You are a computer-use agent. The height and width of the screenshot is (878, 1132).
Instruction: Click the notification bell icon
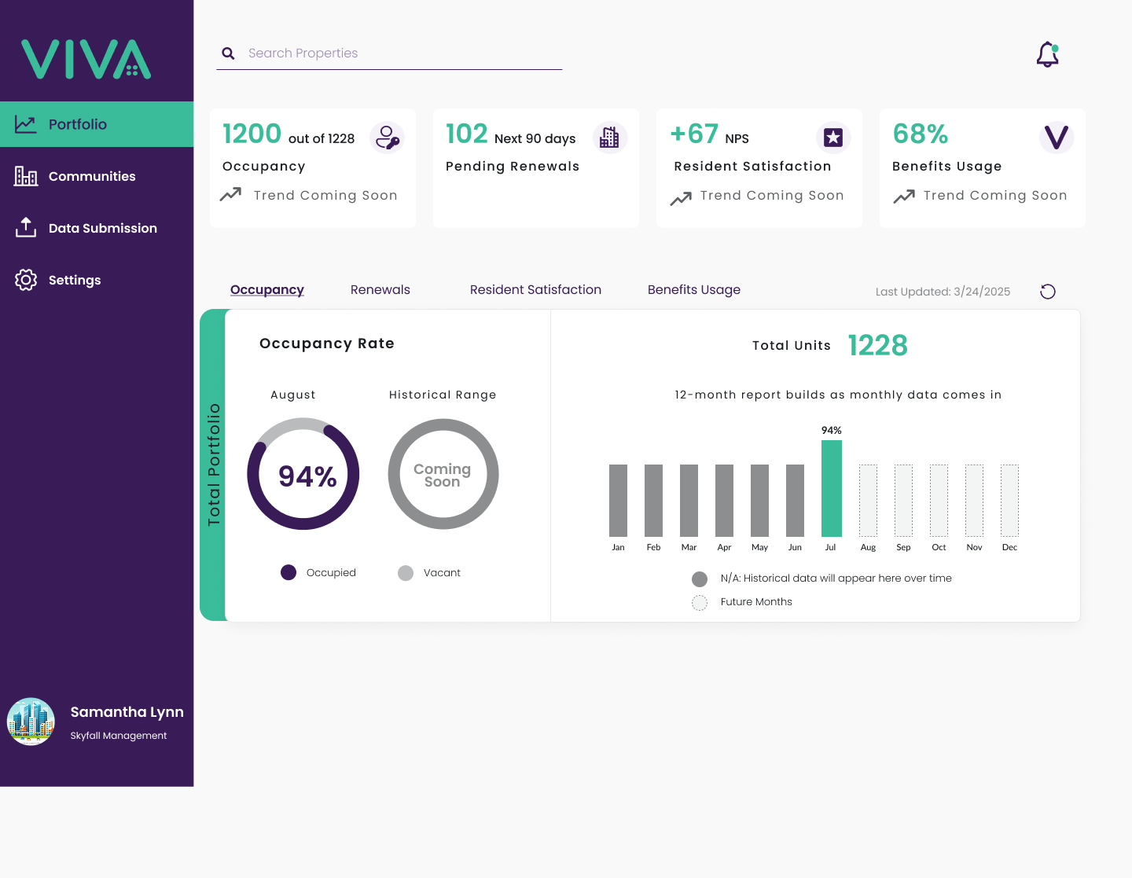pos(1047,55)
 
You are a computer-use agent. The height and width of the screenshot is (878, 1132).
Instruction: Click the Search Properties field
pos(389,53)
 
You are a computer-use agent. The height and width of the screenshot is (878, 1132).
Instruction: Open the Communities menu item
pos(92,177)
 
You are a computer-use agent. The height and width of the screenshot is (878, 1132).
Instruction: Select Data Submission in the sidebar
pos(103,228)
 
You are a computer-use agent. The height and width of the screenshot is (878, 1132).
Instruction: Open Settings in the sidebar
pos(75,280)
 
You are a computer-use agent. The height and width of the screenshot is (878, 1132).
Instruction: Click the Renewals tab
pos(380,289)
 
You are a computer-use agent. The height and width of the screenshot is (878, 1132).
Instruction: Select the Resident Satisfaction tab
pos(535,289)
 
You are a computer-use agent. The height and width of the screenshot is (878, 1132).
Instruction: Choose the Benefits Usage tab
pos(694,289)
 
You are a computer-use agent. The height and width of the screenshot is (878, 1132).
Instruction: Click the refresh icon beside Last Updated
pos(1048,292)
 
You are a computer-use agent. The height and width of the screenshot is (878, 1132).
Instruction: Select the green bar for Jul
pos(832,488)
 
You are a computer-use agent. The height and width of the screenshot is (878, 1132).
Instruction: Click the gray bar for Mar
pos(689,501)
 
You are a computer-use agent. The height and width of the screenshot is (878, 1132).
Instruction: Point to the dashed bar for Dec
pos(1009,501)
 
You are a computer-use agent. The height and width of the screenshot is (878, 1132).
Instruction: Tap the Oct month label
pos(939,547)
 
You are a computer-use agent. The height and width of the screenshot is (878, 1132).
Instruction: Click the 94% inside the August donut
pos(307,476)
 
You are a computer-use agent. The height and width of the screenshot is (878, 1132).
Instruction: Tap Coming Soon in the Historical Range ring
pos(443,476)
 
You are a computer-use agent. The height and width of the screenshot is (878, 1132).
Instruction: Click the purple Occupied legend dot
pos(288,572)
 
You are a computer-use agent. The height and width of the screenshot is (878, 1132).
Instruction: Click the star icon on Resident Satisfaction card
pos(833,138)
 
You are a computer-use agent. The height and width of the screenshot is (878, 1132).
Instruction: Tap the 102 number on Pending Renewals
pos(467,134)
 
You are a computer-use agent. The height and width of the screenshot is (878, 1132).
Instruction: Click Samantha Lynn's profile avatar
pos(31,722)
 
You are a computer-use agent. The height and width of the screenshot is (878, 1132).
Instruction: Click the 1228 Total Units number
pos(878,346)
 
